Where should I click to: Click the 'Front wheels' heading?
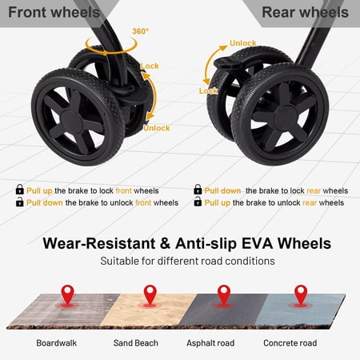(x=54, y=12)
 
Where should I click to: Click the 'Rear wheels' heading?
(x=305, y=12)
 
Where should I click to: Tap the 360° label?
(x=140, y=31)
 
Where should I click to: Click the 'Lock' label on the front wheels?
(x=150, y=66)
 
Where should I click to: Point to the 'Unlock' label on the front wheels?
(x=157, y=128)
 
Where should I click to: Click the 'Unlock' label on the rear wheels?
(x=243, y=43)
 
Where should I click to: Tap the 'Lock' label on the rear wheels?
(x=208, y=91)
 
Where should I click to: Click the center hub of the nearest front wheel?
(x=72, y=122)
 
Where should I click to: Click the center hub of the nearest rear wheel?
(x=286, y=118)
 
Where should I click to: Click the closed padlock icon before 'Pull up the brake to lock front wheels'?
(x=19, y=190)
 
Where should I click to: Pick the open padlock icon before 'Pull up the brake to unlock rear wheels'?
(x=198, y=202)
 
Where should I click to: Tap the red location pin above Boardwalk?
(x=68, y=294)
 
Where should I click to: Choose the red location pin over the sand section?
(x=150, y=294)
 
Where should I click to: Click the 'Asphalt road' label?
(x=210, y=343)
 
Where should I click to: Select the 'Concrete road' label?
(x=290, y=343)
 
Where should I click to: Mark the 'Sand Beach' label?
(x=136, y=343)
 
